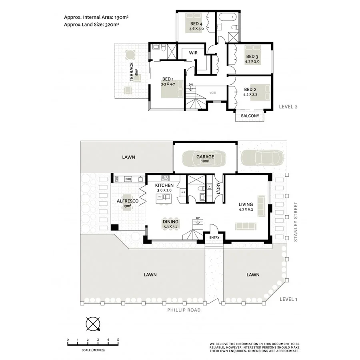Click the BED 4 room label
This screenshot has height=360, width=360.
coord(196,24)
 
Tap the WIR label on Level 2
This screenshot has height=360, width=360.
coord(194,53)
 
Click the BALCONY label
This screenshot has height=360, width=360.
coord(250,116)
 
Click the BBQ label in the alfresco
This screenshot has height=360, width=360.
coord(128,179)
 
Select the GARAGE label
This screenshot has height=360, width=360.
coord(205,157)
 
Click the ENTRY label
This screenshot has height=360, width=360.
coord(214,238)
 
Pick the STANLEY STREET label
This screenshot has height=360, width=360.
coord(296,222)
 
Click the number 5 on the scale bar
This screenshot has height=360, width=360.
coord(118,340)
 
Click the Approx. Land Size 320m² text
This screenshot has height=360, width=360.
coord(92,24)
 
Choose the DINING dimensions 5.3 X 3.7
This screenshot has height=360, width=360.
coord(170,226)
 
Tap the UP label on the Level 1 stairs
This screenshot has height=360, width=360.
coord(197,218)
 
